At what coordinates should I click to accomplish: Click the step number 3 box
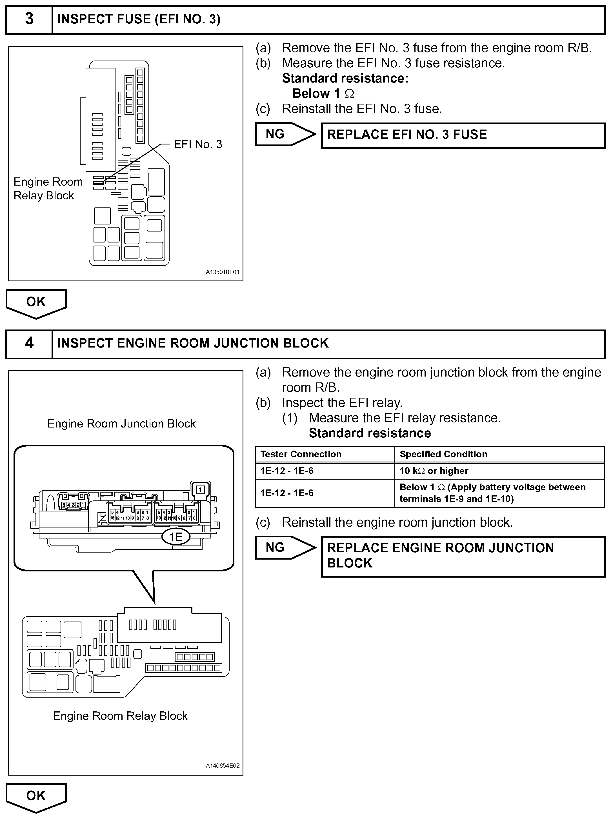pos(29,19)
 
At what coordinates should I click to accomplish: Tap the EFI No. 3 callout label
pos(198,144)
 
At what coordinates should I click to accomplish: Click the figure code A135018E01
pos(222,272)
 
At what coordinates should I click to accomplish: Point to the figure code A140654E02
pos(223,765)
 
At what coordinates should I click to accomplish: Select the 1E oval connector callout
pos(176,537)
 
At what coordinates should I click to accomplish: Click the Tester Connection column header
pos(301,454)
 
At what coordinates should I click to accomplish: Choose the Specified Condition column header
pos(443,454)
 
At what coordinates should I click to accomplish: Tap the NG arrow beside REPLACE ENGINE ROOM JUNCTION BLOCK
pos(284,547)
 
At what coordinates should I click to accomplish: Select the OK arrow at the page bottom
pos(36,796)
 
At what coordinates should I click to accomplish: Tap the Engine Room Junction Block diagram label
pos(121,424)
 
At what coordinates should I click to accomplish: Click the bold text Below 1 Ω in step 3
pos(323,93)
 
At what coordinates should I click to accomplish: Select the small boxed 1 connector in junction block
pos(200,489)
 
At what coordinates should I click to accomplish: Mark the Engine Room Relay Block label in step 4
pos(120,716)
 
